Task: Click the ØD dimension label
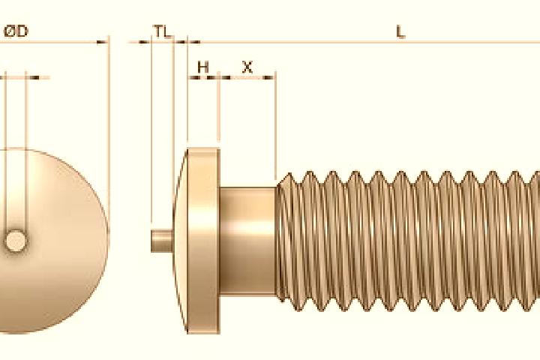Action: [x=16, y=31]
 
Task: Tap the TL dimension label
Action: [x=163, y=31]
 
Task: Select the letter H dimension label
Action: [x=203, y=67]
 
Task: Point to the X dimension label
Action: [x=247, y=67]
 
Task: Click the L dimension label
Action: [x=400, y=32]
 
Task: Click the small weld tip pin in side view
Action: [x=163, y=241]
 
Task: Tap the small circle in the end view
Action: [x=16, y=241]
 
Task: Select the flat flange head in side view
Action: [x=203, y=241]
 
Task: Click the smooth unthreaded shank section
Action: [x=247, y=241]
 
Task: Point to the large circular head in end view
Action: [x=52, y=241]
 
